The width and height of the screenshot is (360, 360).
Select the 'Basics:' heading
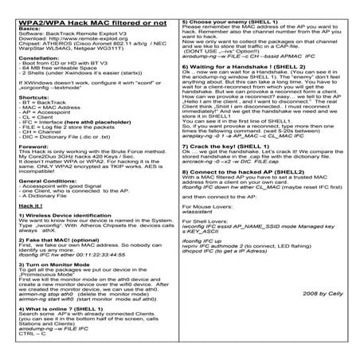click(x=26, y=26)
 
